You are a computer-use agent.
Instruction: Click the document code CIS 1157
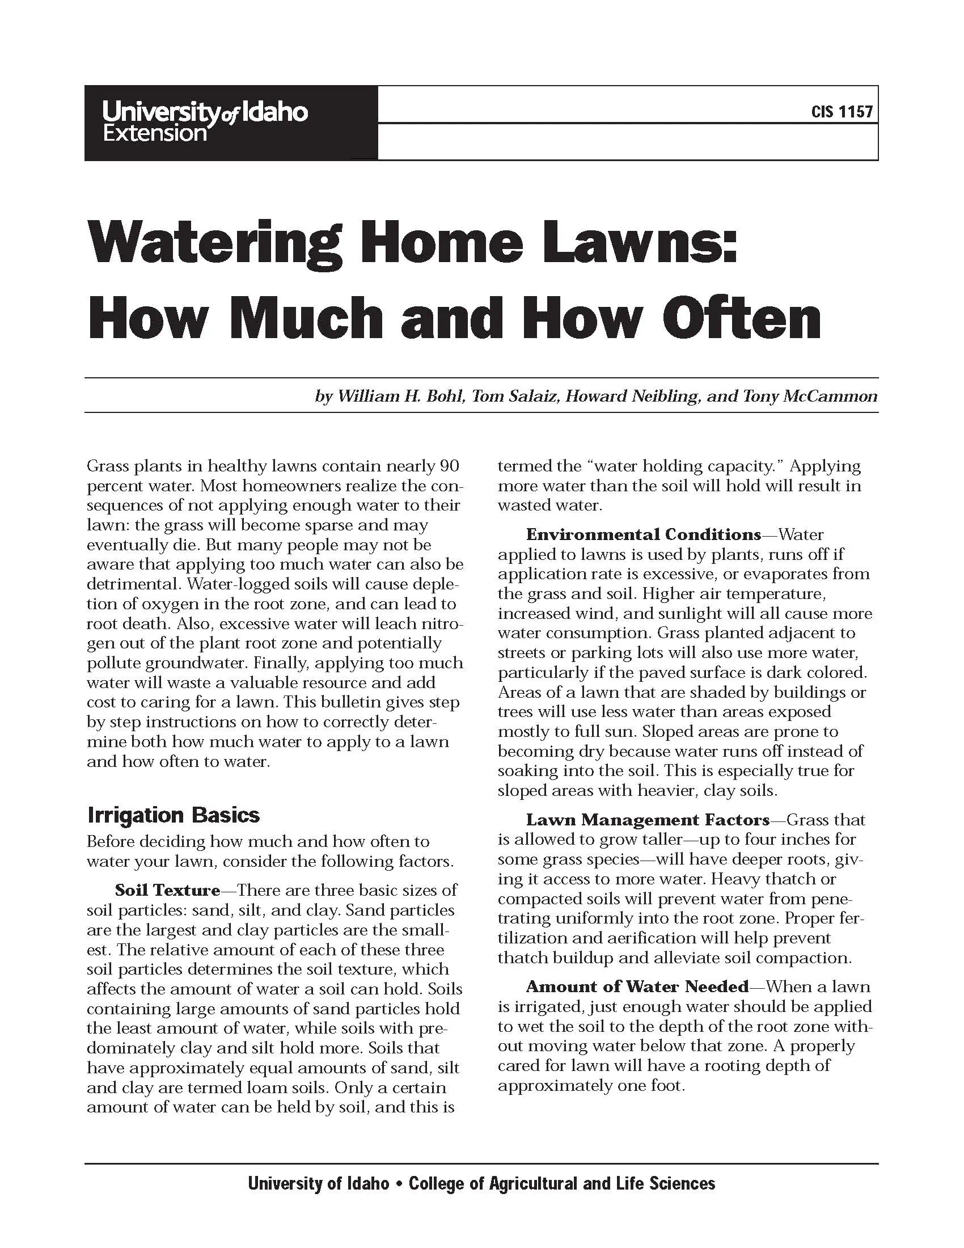tap(842, 111)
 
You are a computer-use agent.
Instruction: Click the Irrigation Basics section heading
tap(174, 814)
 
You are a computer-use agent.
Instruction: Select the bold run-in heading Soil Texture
tap(167, 889)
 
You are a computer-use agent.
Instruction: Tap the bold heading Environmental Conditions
tap(643, 534)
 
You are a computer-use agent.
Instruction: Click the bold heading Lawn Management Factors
tap(648, 820)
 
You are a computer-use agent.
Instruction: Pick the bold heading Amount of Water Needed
tap(637, 986)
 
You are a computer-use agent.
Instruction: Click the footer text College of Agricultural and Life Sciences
tap(562, 1183)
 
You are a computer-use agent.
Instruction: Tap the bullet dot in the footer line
tap(399, 1183)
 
